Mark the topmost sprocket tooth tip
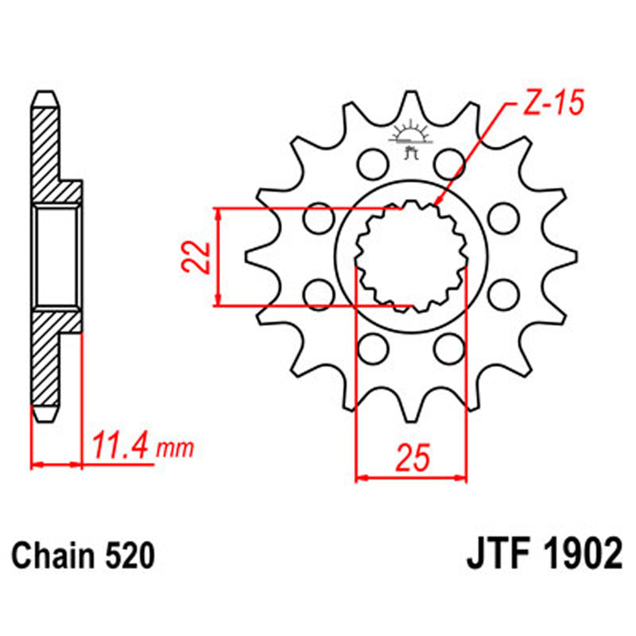(x=410, y=93)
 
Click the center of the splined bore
(x=410, y=256)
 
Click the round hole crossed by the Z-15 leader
(x=450, y=164)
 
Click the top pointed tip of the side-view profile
(x=48, y=92)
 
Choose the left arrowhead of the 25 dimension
(x=358, y=478)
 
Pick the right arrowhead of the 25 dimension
(x=463, y=478)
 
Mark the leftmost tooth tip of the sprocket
(x=247, y=256)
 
